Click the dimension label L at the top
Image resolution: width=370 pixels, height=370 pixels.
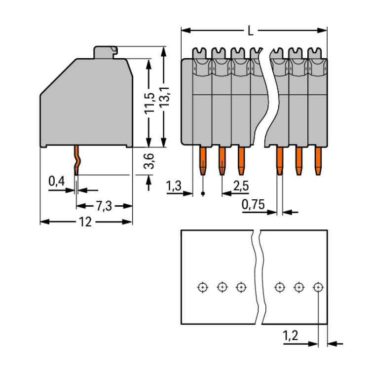click(x=251, y=31)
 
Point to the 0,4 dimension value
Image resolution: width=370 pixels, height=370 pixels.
click(x=57, y=182)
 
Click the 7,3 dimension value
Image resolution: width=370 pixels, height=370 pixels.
click(x=103, y=206)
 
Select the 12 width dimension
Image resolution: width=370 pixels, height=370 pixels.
click(x=86, y=222)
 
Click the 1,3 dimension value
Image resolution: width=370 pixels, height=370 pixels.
click(x=175, y=186)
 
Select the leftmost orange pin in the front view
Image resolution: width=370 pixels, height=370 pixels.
click(x=203, y=160)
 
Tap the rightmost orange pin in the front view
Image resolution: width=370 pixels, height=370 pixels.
click(x=318, y=160)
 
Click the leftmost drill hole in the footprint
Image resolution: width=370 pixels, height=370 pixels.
click(x=202, y=287)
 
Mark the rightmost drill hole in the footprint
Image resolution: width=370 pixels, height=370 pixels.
click(x=318, y=287)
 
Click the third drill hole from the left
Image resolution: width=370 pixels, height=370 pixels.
click(x=241, y=287)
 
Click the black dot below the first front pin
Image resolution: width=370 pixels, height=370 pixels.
click(x=204, y=194)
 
